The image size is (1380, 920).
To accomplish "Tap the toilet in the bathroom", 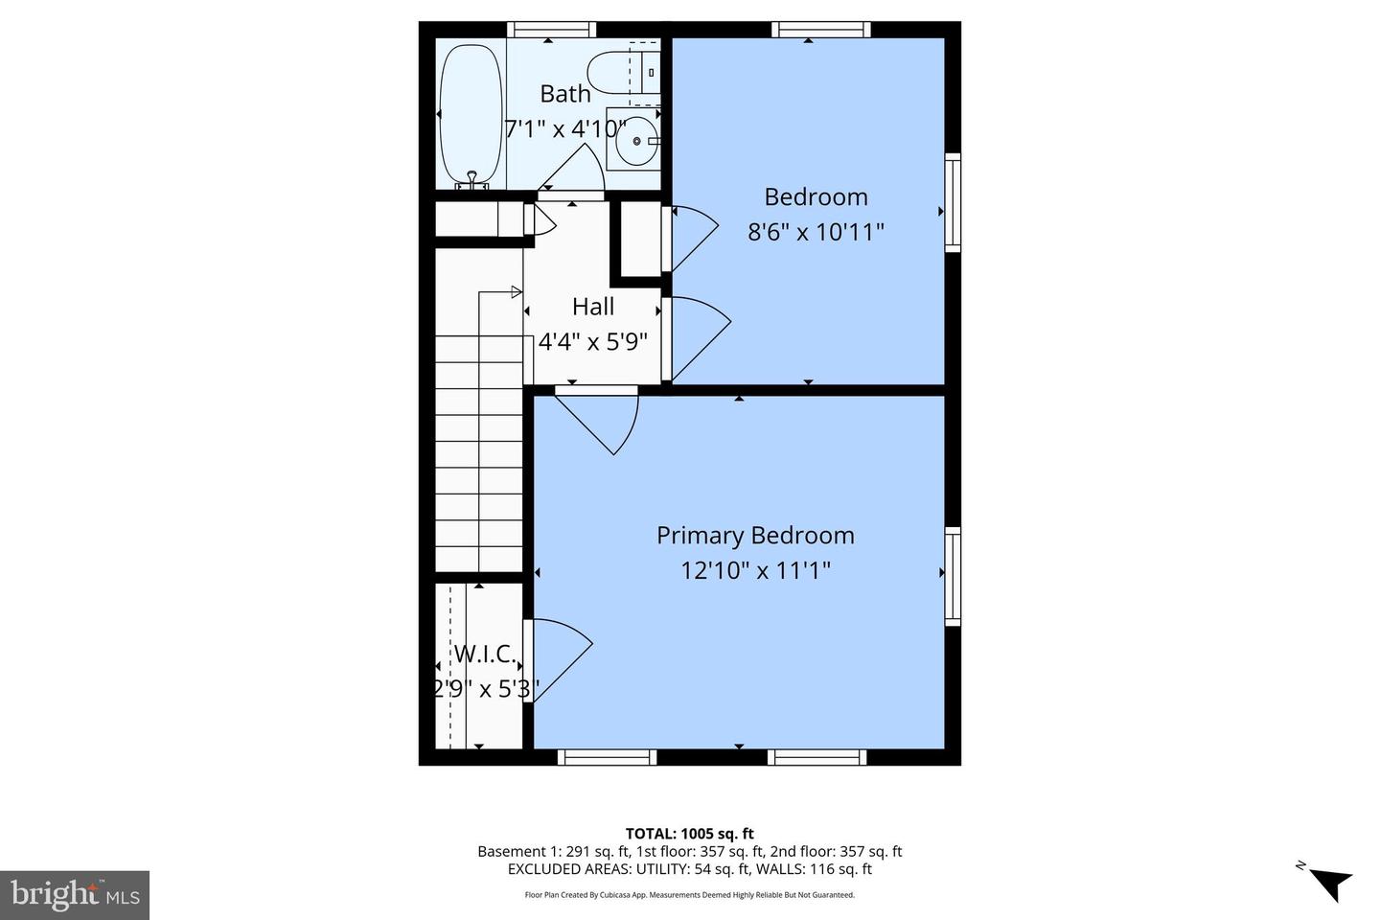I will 613,72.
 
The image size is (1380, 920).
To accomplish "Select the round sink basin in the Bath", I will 635,143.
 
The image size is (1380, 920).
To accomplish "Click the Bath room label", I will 565,94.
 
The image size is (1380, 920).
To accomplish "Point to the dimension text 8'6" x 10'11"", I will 816,232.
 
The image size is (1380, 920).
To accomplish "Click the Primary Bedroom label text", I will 755,536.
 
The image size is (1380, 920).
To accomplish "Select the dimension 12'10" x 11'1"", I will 755,571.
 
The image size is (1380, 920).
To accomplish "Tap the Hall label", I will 593,307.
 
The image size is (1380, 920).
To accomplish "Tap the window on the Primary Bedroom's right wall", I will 953,575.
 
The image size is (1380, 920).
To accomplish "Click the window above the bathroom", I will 551,30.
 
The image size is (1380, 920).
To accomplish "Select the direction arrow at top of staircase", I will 515,291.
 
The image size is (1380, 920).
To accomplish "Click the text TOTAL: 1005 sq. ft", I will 689,834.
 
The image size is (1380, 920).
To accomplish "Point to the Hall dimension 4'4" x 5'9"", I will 593,341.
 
